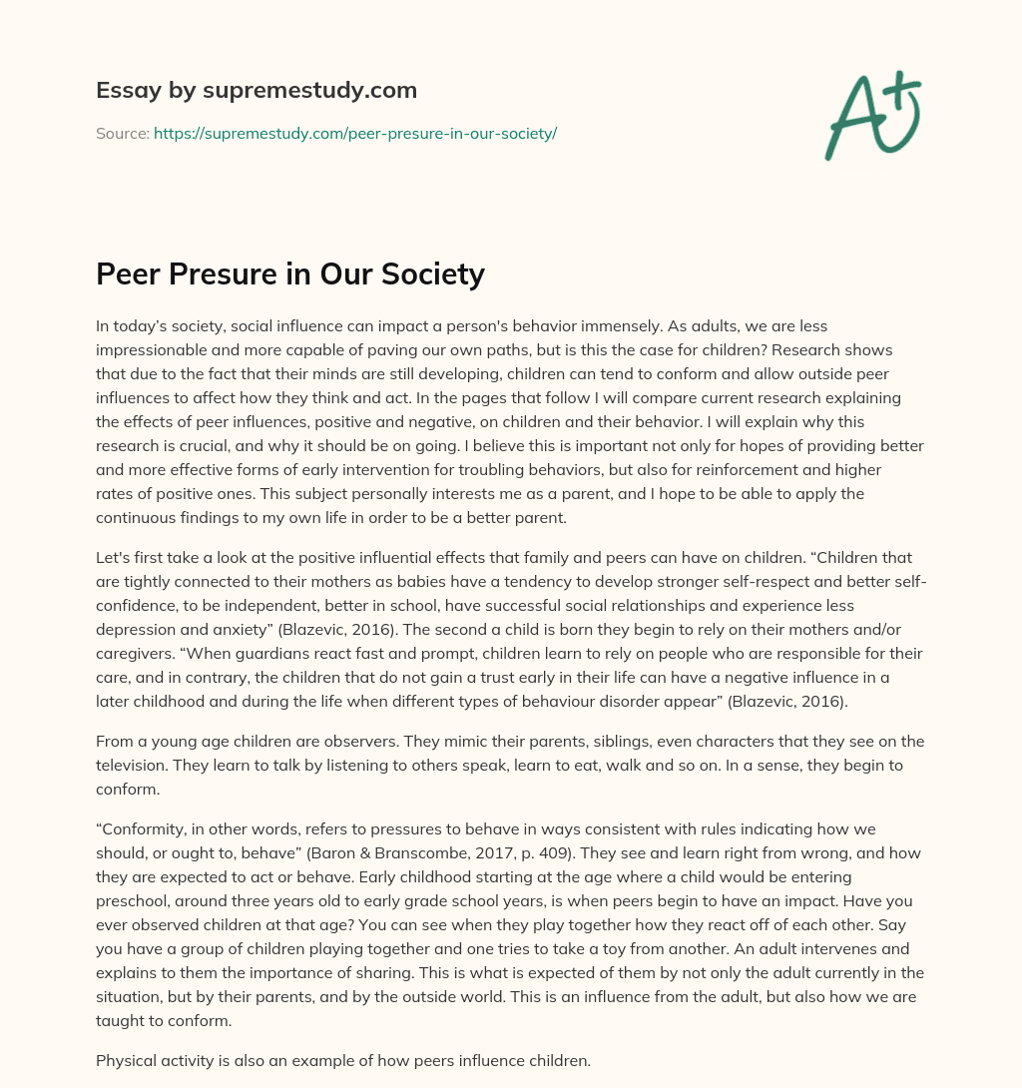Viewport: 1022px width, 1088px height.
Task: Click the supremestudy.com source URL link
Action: (354, 133)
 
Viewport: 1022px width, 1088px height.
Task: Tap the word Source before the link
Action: (122, 133)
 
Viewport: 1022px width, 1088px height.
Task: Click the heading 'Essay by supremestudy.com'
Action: (256, 91)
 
